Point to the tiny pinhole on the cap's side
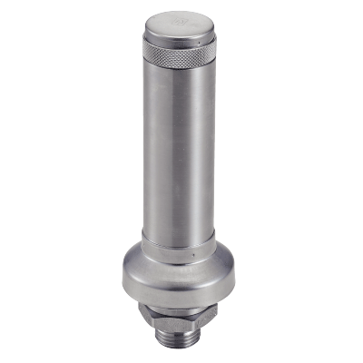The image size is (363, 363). (x=193, y=41)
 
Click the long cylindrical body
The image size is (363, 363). (x=172, y=154)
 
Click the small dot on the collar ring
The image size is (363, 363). (x=196, y=257)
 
